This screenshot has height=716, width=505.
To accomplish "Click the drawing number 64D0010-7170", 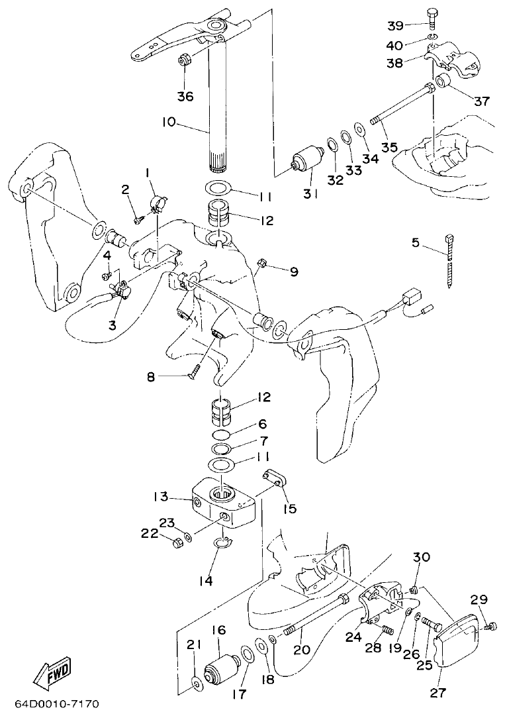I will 56,702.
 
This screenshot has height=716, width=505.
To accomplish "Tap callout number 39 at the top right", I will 396,25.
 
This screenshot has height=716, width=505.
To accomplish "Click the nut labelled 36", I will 185,60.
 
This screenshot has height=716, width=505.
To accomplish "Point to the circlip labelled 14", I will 224,544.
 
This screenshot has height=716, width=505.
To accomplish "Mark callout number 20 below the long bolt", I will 302,650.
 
